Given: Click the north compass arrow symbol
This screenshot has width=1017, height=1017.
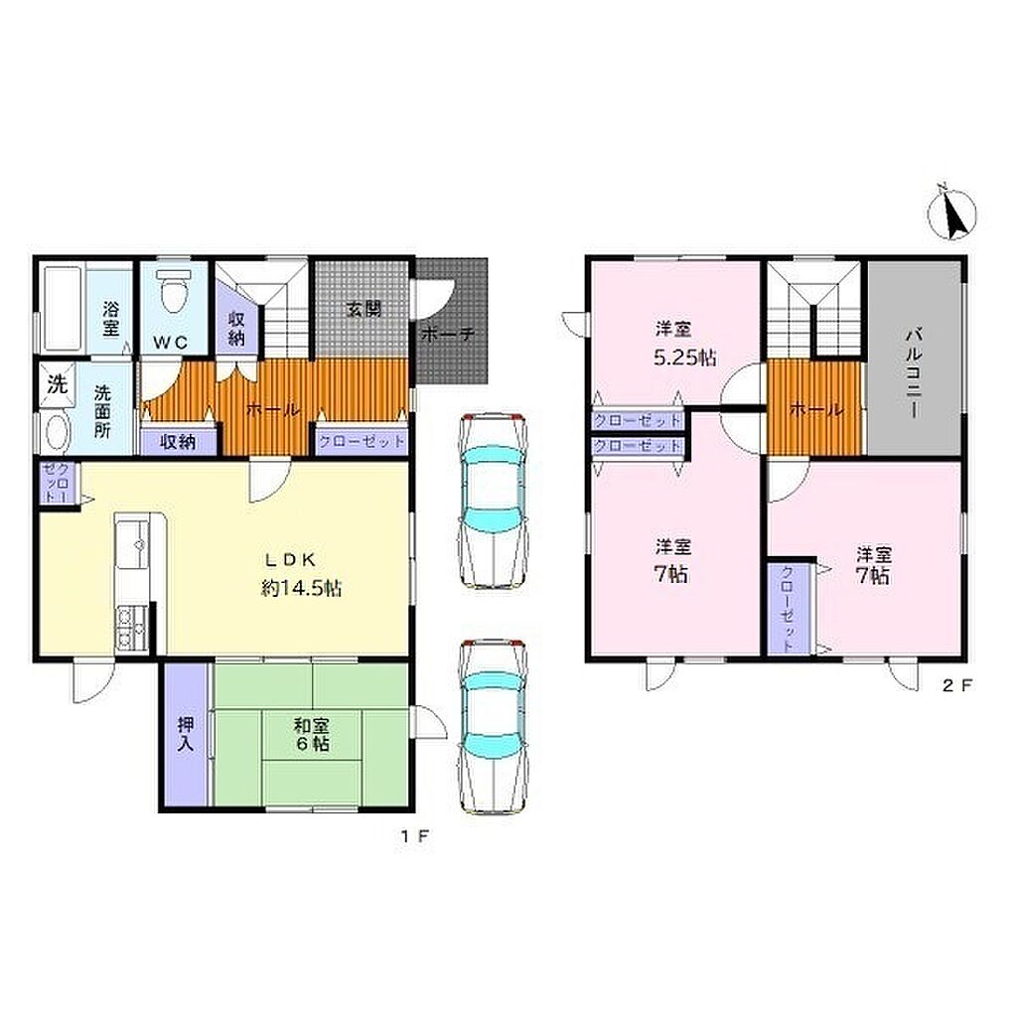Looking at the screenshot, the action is [952, 215].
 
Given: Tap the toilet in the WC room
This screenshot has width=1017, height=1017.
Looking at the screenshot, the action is [174, 290].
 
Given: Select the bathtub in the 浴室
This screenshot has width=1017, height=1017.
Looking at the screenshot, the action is [63, 310].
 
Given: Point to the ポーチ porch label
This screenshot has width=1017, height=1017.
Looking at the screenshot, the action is [448, 335].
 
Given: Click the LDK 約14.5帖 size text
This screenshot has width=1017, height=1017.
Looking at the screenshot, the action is [301, 588].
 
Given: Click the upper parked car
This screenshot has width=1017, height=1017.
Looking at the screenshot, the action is [493, 501].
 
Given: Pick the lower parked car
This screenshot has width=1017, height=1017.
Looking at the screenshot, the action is [493, 726].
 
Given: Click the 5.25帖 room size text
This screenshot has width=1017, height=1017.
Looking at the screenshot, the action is [685, 358].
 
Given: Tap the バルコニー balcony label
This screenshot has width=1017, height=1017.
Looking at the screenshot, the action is [914, 373].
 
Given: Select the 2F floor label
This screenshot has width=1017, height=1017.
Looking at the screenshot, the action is [956, 685].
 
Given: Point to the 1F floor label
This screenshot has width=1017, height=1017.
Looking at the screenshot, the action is [414, 836].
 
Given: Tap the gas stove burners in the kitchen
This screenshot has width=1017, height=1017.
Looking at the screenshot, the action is [132, 630].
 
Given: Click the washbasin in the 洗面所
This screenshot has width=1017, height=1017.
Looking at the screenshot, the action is [55, 432].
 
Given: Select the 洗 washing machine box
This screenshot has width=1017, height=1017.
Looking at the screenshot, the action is [57, 384].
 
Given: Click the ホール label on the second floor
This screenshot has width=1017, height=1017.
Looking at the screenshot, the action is [816, 410].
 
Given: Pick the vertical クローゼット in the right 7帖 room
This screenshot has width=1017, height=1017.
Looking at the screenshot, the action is [788, 609].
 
